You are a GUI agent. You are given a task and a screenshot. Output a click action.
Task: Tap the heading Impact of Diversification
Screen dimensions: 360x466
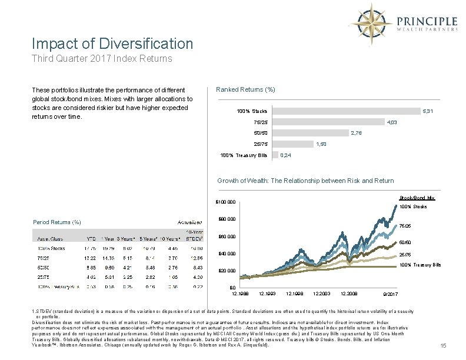pos(112,44)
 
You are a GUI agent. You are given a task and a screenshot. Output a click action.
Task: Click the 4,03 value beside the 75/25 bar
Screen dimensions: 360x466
pos(392,122)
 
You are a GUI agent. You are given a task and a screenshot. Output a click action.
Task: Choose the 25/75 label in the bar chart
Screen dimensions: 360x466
pos(260,144)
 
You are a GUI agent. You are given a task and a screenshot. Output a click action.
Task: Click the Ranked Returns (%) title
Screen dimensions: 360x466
pos(245,89)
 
